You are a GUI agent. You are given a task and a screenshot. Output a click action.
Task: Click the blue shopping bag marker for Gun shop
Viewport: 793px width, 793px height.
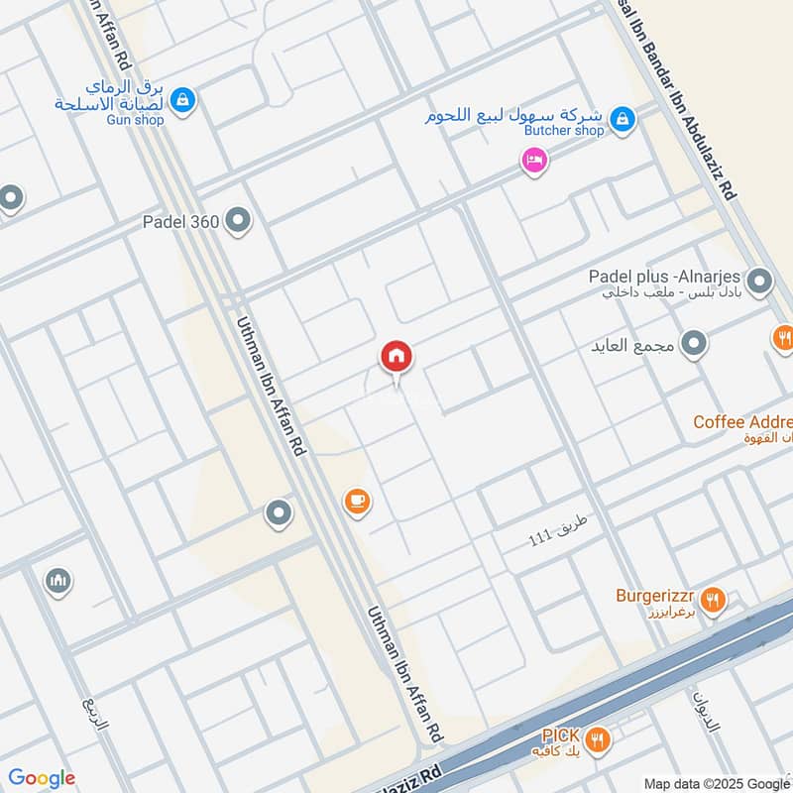pos(181,99)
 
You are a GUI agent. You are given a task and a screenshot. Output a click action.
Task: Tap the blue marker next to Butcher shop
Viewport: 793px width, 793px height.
pos(622,119)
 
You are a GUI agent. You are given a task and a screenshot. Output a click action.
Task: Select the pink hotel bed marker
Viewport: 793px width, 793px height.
pos(534,160)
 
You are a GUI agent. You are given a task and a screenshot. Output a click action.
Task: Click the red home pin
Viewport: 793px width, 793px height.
pos(396,357)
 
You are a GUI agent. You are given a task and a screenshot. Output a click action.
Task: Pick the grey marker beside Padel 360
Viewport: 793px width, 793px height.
pos(238,222)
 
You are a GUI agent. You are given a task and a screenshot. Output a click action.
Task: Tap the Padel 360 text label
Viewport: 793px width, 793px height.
pos(180,223)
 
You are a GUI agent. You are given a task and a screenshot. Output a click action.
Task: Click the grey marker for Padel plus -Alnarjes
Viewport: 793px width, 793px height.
pos(760,283)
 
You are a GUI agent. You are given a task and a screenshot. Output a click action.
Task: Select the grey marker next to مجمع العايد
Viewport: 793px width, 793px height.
pos(695,344)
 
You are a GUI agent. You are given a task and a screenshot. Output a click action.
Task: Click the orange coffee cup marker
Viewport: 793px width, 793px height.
pos(357,502)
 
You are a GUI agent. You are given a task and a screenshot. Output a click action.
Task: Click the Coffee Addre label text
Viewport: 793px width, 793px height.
pos(742,422)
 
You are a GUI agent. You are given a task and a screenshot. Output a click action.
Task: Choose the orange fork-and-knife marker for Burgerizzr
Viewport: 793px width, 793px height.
pos(712,599)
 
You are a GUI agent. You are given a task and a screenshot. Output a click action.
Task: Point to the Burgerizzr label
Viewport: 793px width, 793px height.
pos(655,597)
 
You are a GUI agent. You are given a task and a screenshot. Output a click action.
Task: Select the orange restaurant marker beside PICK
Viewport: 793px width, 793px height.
pos(597,738)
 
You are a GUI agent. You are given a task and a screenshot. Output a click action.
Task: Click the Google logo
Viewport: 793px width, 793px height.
pos(42,778)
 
